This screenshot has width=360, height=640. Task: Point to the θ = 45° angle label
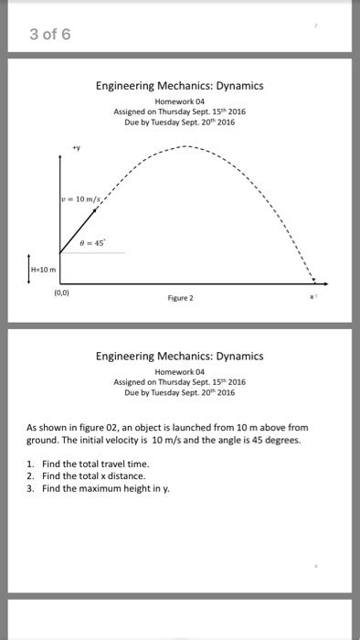94,243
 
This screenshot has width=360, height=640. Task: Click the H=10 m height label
44,270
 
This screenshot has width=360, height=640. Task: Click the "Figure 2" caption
179,297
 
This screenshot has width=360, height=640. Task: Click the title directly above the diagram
179,86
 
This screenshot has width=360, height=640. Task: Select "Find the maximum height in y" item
100,488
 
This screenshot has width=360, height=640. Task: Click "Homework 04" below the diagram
179,371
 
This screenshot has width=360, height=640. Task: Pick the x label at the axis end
312,298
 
